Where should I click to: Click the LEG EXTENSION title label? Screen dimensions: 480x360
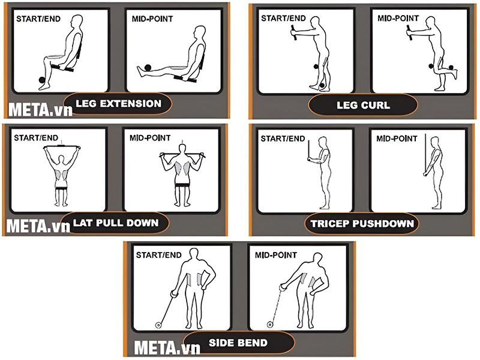click(118, 103)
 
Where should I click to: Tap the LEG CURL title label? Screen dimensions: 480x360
click(363, 106)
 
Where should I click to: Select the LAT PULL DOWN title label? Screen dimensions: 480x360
click(116, 223)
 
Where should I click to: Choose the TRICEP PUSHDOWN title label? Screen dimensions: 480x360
click(362, 223)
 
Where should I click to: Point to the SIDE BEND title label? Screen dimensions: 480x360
click(238, 343)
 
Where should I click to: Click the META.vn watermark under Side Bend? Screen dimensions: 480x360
click(167, 347)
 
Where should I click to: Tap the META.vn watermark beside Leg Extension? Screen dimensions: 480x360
click(40, 109)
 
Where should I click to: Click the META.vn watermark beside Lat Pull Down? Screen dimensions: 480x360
click(38, 226)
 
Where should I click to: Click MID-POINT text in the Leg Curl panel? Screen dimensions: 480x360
click(398, 19)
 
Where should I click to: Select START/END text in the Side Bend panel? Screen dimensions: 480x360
click(158, 255)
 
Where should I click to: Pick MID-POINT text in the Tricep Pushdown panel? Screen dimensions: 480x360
click(397, 139)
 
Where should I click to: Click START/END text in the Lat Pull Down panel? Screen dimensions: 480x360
click(36, 138)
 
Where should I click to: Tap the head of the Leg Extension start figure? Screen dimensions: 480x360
click(77, 22)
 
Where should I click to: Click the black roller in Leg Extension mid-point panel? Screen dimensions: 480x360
click(148, 68)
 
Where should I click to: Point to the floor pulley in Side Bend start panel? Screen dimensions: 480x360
click(158, 325)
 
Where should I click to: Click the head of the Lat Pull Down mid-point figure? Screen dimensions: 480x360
click(183, 149)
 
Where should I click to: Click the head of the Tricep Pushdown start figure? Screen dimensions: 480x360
click(322, 142)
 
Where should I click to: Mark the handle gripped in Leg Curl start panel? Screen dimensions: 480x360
click(294, 32)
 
